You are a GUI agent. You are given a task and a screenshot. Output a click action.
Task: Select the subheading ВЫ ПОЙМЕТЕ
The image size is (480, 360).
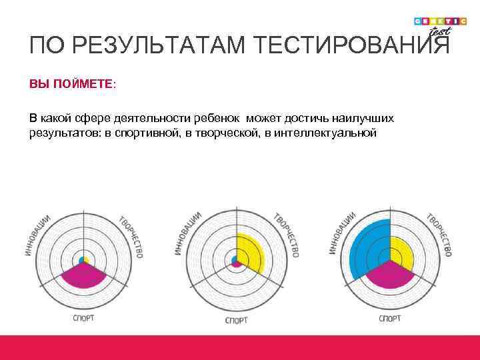coord(71,85)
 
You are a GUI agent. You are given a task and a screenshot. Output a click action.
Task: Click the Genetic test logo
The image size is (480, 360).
coord(437,25)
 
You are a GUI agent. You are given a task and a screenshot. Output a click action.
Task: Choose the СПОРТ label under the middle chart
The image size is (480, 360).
coord(237,321)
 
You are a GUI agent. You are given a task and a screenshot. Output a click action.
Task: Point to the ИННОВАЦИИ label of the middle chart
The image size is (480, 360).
coord(189,233)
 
